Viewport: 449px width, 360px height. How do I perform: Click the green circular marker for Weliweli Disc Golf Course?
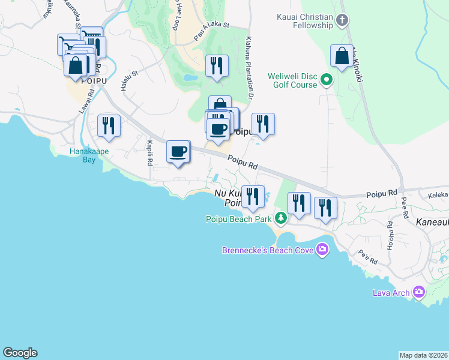pyautogui.click(x=327, y=79)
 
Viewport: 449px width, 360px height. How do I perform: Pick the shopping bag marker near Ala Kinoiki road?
pyautogui.click(x=342, y=56)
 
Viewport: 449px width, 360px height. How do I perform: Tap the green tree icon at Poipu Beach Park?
pyautogui.click(x=280, y=217)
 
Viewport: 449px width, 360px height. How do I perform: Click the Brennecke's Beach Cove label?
pyautogui.click(x=268, y=250)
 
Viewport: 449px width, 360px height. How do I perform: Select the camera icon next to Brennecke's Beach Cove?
pyautogui.click(x=322, y=249)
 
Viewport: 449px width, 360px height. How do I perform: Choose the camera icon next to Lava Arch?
pyautogui.click(x=418, y=292)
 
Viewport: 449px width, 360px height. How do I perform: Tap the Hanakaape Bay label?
pyautogui.click(x=88, y=155)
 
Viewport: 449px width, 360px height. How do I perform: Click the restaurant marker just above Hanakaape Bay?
pyautogui.click(x=109, y=125)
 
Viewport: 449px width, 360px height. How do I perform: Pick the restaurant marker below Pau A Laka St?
pyautogui.click(x=217, y=65)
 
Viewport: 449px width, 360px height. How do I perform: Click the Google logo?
pyautogui.click(x=20, y=353)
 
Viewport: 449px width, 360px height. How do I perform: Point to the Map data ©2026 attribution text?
pyautogui.click(x=423, y=355)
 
